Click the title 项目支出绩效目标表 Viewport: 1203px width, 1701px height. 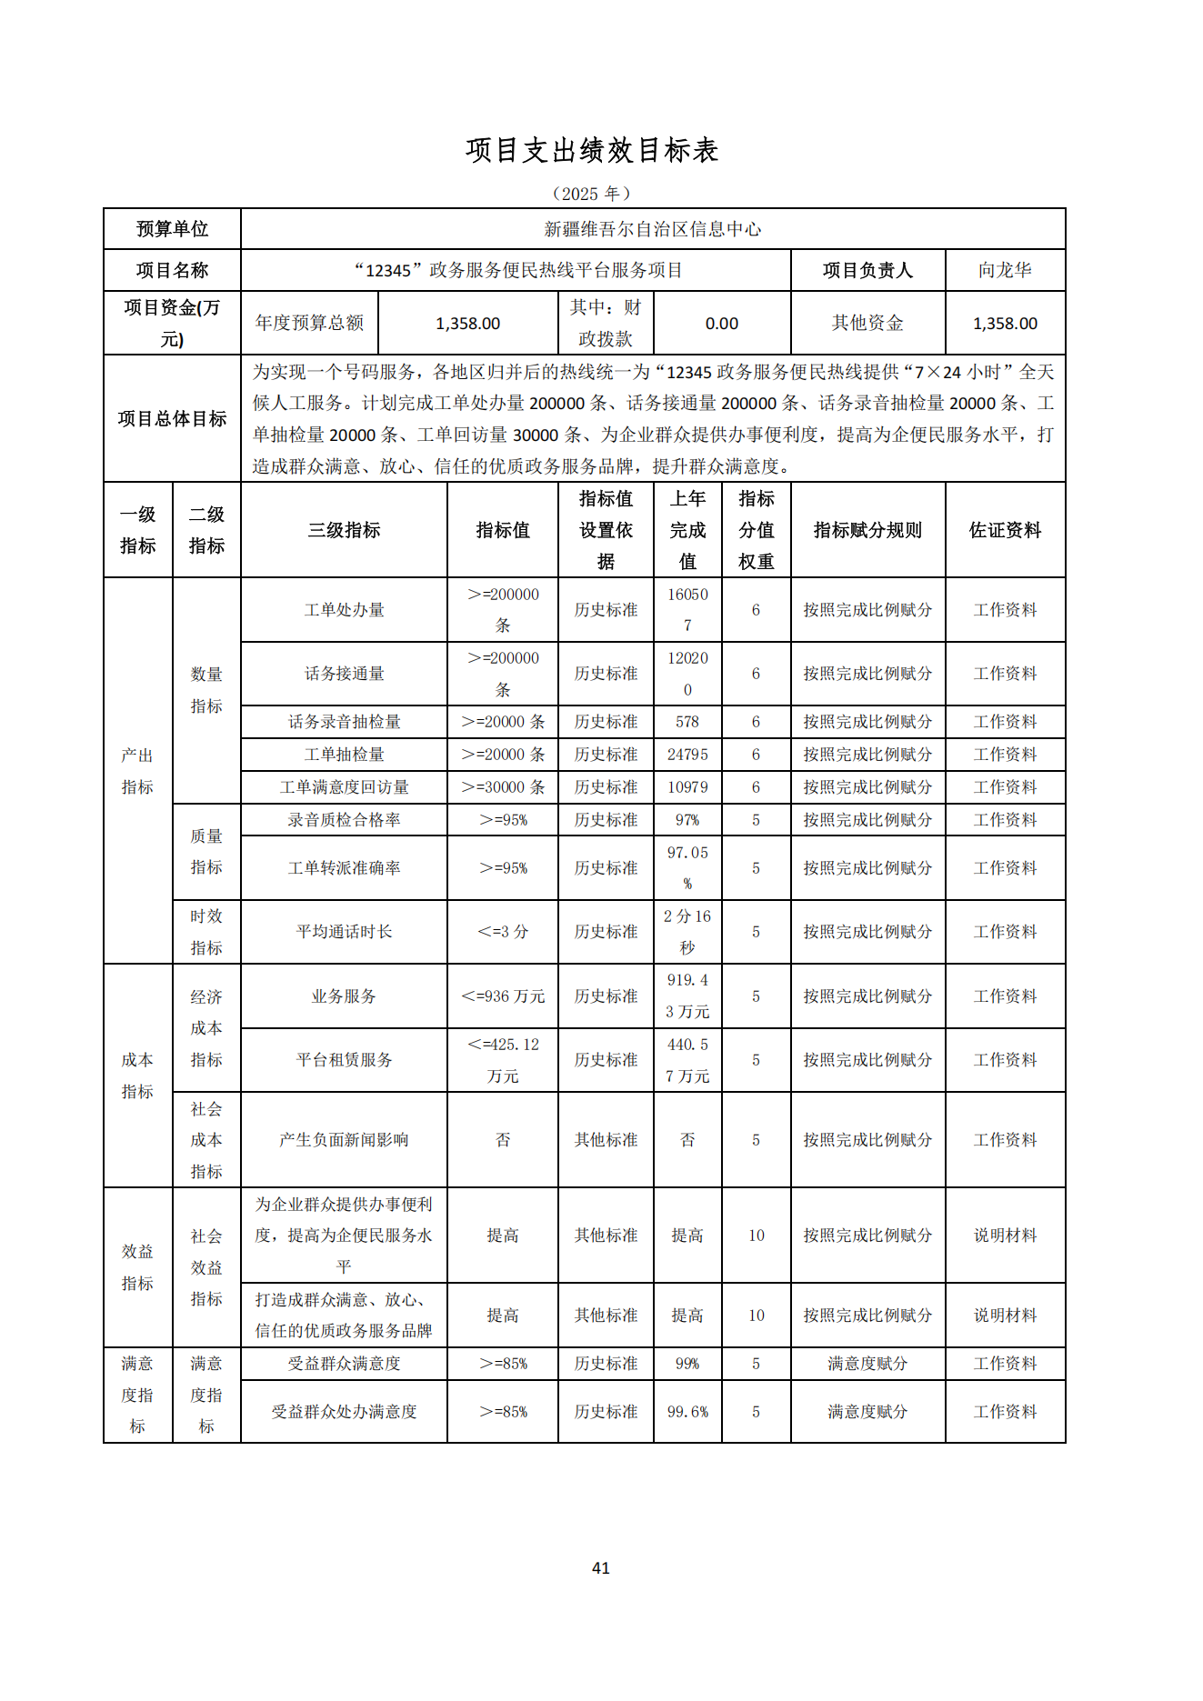592,151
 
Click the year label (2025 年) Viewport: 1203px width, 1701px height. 592,194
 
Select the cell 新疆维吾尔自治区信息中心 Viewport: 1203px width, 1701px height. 652,229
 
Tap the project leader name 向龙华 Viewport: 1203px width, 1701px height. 1004,270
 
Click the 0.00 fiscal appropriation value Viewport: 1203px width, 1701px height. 721,324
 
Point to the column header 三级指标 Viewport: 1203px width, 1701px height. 344,530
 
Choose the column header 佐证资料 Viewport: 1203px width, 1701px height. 1004,530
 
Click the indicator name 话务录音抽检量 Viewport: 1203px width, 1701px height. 344,722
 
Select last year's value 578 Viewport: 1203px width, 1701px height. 687,722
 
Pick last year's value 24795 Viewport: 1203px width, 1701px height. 687,755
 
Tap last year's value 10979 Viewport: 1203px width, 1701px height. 687,787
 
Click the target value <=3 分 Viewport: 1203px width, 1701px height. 502,932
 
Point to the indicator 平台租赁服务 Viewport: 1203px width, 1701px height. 344,1060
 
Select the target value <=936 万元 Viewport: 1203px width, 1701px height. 502,996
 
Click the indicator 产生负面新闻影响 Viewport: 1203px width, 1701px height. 344,1140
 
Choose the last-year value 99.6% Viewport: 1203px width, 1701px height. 687,1412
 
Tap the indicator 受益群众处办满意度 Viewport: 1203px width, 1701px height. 344,1412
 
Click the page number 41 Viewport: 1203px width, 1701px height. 600,1567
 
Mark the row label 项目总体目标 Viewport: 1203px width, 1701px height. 172,419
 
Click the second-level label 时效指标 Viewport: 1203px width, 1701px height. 206,932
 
